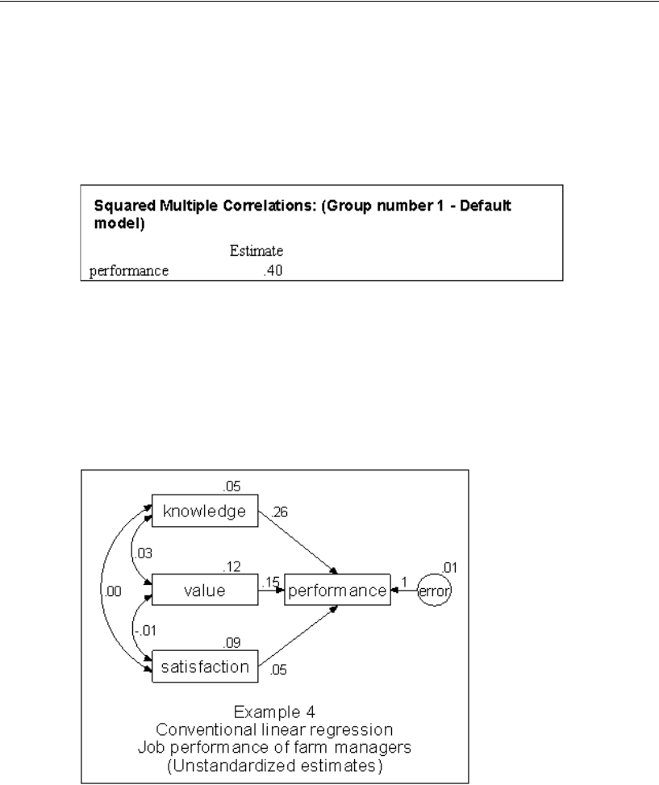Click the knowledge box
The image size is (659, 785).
(x=203, y=512)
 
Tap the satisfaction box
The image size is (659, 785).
(x=203, y=667)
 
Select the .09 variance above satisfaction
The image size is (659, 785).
(x=233, y=644)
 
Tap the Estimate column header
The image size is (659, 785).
(x=256, y=253)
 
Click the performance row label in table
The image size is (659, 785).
(x=129, y=272)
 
